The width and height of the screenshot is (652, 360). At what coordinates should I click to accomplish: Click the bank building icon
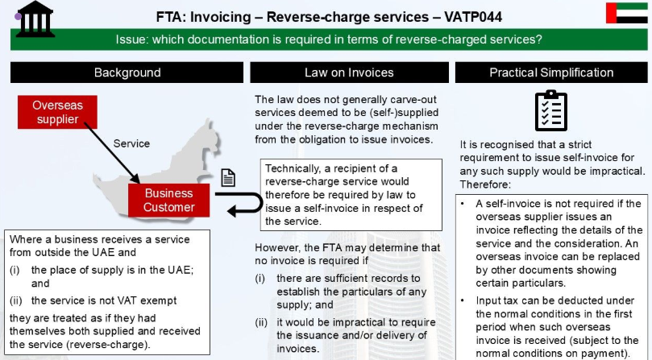[35, 19]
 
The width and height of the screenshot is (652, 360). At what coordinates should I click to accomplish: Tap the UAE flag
[627, 13]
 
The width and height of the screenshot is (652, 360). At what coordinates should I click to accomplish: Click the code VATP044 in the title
[473, 17]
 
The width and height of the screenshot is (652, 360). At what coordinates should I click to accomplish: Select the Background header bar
[127, 72]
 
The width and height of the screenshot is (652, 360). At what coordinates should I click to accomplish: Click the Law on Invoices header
[349, 72]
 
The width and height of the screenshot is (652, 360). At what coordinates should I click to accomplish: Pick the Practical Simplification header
[551, 72]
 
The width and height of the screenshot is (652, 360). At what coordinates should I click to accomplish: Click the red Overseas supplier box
[57, 112]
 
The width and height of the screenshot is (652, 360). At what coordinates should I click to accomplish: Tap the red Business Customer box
[168, 201]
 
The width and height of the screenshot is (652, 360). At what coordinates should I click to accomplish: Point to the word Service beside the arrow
[131, 143]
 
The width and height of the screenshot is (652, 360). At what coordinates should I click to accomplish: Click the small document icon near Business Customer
[228, 177]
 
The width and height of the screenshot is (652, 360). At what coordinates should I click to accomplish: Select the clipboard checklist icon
[551, 110]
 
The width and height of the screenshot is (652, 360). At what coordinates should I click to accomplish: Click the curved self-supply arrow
[261, 202]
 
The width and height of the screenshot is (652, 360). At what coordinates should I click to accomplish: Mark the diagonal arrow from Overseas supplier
[112, 152]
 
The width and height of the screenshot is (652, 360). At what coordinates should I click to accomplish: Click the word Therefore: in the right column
[485, 184]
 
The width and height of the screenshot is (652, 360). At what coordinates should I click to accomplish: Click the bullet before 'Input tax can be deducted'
[463, 300]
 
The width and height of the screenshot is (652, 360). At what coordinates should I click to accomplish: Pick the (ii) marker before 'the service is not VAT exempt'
[15, 300]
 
